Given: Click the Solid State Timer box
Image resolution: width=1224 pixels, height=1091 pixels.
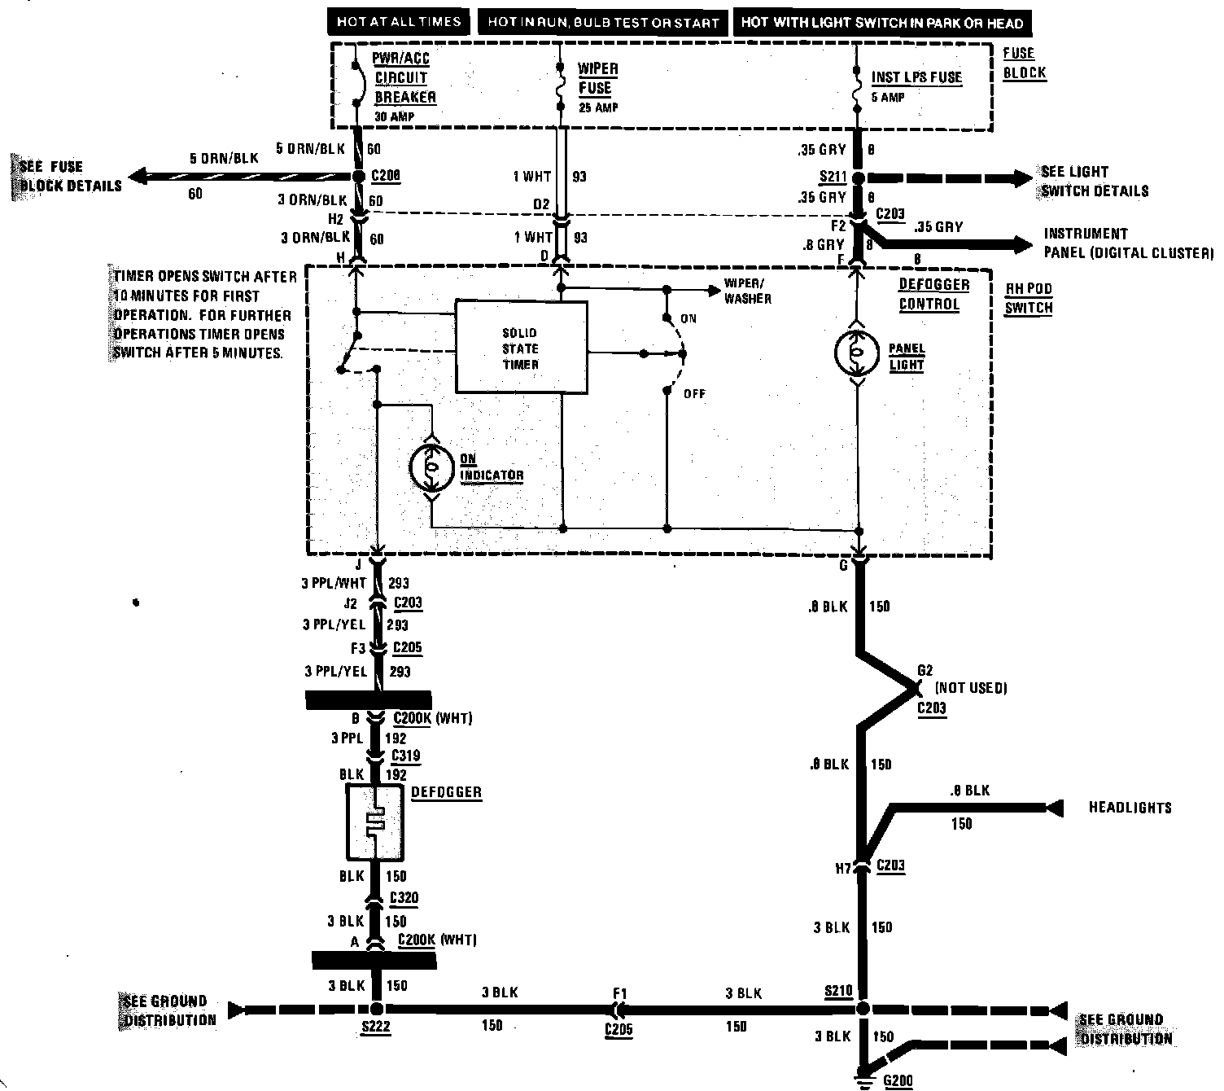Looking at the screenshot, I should [x=521, y=348].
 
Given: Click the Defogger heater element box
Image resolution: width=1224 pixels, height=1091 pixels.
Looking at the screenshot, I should [x=374, y=822].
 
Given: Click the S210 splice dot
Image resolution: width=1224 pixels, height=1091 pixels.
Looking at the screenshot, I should [x=863, y=1010].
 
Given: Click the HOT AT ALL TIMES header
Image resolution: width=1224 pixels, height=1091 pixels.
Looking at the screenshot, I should [x=399, y=22].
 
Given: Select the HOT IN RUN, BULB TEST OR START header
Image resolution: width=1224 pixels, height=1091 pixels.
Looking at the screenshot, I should [x=603, y=23].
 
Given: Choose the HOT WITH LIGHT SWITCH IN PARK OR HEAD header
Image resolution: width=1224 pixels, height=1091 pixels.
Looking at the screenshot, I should [x=882, y=23].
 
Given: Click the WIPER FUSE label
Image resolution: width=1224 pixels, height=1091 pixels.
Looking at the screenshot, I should [x=598, y=79].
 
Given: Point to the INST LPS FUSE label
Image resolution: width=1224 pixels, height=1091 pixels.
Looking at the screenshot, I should [x=916, y=78].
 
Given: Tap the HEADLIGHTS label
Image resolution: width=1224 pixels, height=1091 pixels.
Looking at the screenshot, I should [x=1130, y=808].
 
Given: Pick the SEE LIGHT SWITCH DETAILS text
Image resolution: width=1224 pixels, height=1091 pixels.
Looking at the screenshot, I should [x=1094, y=182].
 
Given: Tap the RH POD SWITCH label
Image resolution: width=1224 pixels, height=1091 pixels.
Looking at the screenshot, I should [x=1028, y=297].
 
